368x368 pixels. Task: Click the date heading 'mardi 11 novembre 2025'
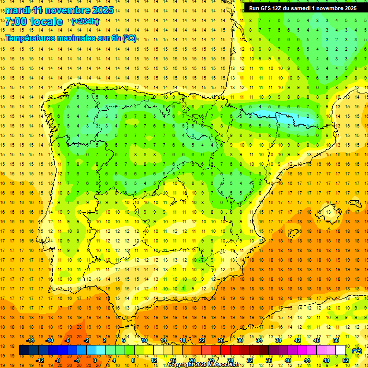coord(59,10)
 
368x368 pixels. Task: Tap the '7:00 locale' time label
coord(34,22)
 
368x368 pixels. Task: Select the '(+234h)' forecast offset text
coord(85,22)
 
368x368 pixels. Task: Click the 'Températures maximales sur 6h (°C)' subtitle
coord(70,38)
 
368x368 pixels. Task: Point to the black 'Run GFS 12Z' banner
coord(302,8)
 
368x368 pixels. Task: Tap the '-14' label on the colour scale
coord(31,340)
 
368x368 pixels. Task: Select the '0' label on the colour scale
coord(95,360)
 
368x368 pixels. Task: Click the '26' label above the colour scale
coord(221,340)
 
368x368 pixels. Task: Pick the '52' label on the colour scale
coord(345,360)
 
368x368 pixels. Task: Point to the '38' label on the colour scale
coord(278,340)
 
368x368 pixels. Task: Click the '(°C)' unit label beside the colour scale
coord(356,351)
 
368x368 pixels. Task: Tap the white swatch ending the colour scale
coord(340,350)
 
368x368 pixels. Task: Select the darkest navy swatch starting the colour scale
coord(24,350)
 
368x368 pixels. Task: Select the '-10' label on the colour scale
coord(49,340)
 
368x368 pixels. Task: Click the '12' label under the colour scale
coord(154,360)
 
